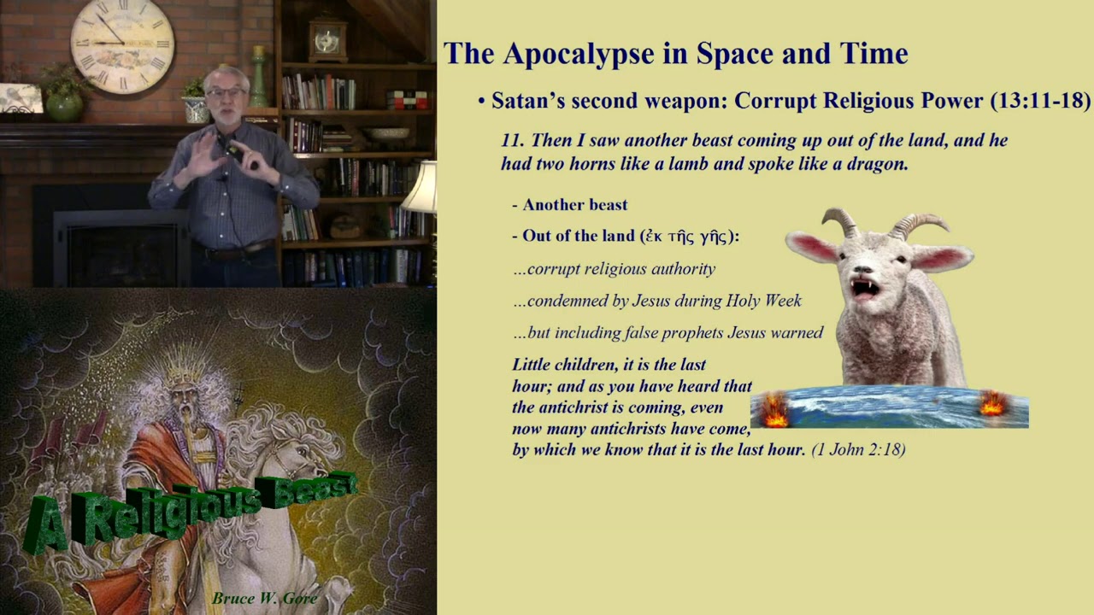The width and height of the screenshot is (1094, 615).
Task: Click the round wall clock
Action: pos(122,44)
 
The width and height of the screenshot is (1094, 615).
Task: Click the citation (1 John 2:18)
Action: pos(858,449)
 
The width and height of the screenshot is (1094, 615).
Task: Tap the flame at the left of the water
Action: pos(774,410)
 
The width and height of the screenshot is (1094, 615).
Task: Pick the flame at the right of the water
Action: pos(992,404)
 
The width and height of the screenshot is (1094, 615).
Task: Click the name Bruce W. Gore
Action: pos(265,598)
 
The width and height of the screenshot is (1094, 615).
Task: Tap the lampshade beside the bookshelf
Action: pos(421,188)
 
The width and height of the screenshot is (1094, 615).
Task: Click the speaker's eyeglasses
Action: pos(226,92)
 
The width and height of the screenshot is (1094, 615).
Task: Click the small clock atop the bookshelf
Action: pos(328,38)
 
